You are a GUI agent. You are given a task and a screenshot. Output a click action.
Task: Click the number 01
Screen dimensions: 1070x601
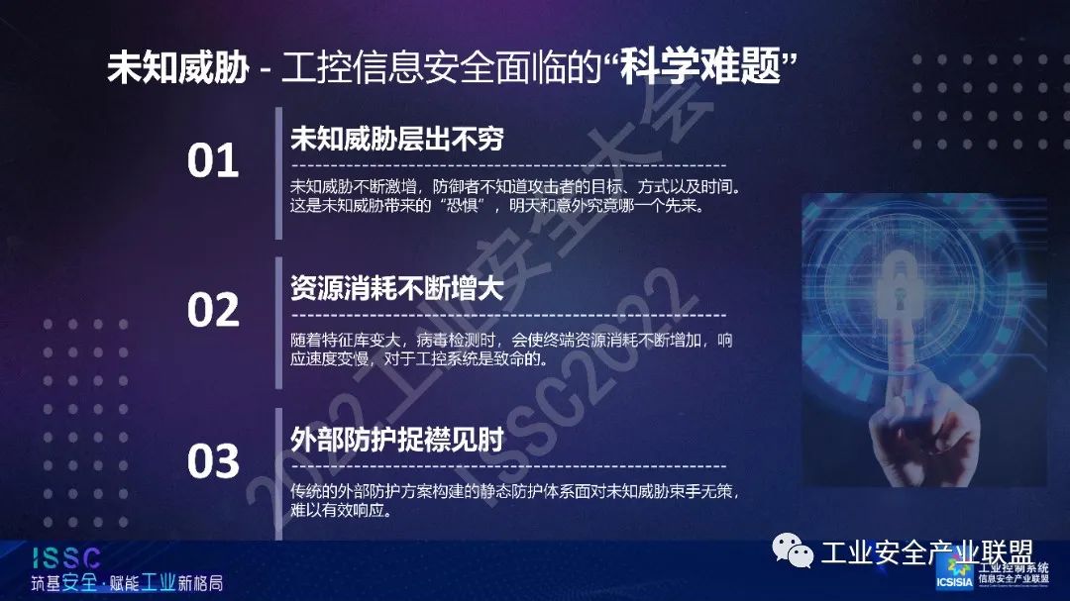[x=213, y=160]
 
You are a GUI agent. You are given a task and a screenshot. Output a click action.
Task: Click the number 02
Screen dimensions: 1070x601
[x=213, y=310]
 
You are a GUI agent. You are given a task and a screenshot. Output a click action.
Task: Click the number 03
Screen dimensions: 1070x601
[x=213, y=460]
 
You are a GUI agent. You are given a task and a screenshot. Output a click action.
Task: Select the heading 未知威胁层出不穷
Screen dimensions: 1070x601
[x=396, y=139]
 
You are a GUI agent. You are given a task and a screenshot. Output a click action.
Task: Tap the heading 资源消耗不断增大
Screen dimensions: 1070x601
[x=396, y=288]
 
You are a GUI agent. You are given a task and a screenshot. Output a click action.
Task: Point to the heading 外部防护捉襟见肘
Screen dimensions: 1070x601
[x=396, y=440]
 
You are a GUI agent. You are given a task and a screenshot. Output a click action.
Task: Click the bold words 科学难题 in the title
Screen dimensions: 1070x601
[x=699, y=67]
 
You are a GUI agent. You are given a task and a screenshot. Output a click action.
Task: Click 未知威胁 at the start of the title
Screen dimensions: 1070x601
[x=177, y=67]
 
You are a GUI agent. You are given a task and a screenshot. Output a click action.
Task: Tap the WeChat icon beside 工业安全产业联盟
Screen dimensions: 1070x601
[x=793, y=551]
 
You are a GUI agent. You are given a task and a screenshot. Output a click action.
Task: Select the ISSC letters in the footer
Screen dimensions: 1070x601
[x=66, y=558]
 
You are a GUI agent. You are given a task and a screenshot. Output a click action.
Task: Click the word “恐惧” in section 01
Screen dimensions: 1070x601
[x=461, y=205]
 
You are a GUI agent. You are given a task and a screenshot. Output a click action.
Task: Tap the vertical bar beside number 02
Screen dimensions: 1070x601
[x=278, y=324]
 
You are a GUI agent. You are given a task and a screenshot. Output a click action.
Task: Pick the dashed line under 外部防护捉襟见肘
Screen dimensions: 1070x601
[x=509, y=467]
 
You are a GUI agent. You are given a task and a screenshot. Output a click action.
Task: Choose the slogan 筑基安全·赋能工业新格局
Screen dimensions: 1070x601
[x=127, y=582]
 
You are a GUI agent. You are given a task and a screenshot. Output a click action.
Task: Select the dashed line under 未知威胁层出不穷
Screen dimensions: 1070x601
[x=509, y=165]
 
